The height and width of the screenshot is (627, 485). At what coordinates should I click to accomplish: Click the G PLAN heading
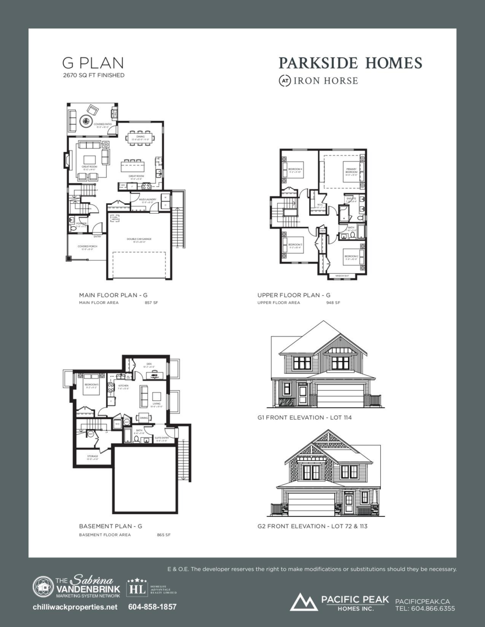coord(93,63)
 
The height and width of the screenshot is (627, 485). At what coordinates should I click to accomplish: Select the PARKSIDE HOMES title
coord(350,63)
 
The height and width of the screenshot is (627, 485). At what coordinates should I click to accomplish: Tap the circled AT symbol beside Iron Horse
coord(285,81)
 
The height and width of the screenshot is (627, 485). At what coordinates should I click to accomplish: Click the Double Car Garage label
coord(139,239)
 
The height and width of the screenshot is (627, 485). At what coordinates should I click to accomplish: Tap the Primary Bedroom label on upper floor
coord(351,170)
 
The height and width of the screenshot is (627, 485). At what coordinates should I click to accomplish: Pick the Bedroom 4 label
coord(296,169)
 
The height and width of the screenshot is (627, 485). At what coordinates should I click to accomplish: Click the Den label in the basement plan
coord(149,364)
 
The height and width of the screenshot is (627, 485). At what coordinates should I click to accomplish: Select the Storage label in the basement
coord(93,456)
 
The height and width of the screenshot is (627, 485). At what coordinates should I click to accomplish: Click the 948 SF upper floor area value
coord(333,303)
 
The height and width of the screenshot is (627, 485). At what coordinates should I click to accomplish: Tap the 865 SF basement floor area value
coord(164,535)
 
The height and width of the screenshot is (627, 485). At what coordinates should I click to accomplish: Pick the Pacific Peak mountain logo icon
coord(304,602)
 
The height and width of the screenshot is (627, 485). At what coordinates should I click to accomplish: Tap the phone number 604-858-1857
coord(152,607)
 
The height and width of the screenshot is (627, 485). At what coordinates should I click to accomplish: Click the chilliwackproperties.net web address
coord(75,607)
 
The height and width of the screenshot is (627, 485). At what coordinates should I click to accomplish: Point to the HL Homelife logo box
coord(137,589)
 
